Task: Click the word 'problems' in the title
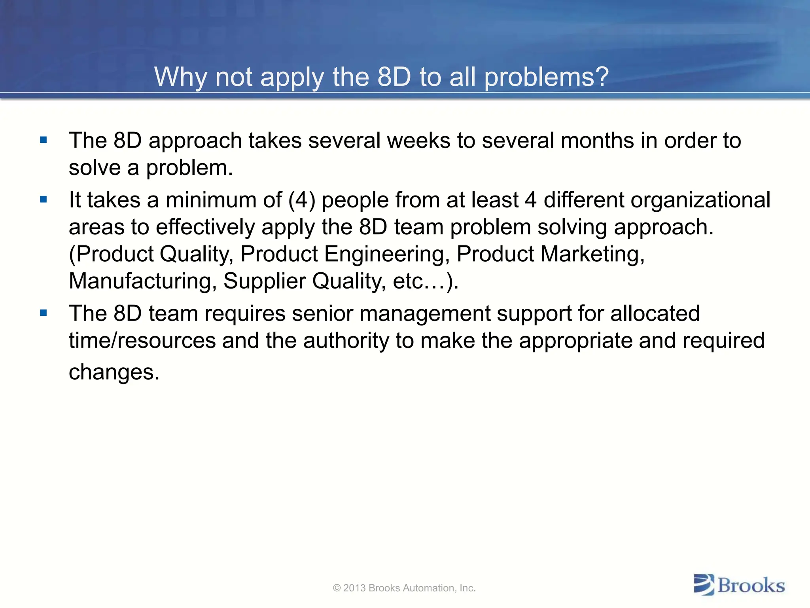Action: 540,77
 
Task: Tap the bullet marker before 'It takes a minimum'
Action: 44,199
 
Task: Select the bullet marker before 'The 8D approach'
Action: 44,140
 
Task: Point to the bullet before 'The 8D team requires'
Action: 44,313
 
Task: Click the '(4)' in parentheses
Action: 302,200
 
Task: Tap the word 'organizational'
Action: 700,200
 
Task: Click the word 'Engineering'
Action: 387,254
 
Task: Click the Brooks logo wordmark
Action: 751,585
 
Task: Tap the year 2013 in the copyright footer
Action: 354,588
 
